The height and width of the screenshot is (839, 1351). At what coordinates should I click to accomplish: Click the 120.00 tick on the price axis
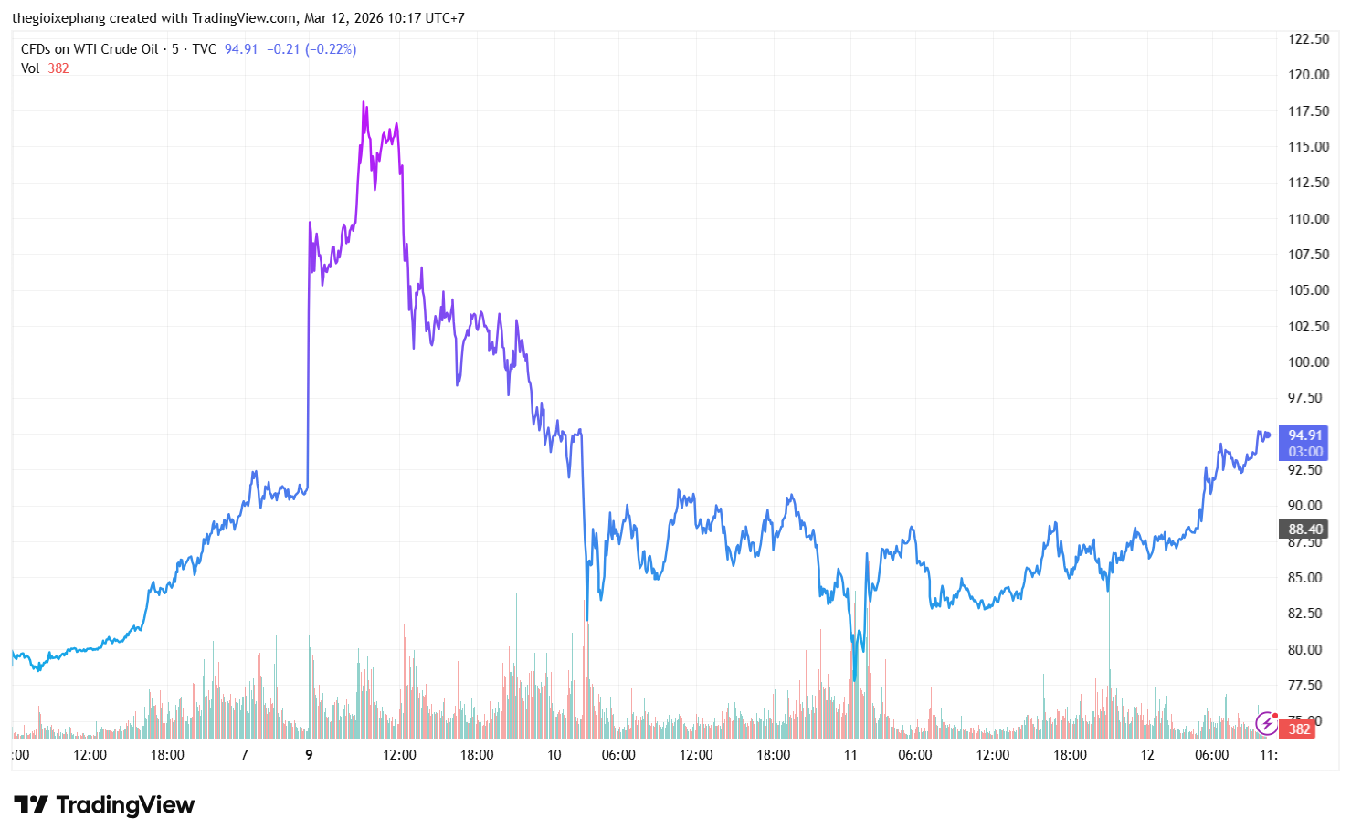coord(1308,75)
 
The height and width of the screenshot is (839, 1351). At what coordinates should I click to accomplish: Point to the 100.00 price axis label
coord(1308,362)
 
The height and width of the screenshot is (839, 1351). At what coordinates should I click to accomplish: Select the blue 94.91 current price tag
coord(1304,435)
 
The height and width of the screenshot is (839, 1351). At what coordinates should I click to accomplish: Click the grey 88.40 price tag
coord(1304,530)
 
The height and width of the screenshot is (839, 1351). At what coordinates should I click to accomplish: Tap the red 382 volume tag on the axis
coord(1299,729)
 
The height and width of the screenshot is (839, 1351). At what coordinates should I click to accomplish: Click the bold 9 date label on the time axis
coord(309,755)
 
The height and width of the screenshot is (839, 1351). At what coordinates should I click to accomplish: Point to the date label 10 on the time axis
coord(554,755)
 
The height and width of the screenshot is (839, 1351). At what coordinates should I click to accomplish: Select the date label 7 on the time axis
coord(244,755)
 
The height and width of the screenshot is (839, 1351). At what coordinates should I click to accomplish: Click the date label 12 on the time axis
coord(1147,755)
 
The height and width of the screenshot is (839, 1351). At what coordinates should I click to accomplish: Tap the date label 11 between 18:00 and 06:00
coord(850,755)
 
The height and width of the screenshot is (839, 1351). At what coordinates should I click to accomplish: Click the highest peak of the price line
coord(364,103)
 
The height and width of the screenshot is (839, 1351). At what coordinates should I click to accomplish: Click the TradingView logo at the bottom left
coord(104,804)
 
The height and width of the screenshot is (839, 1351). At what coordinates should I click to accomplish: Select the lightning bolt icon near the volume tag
coord(1266,725)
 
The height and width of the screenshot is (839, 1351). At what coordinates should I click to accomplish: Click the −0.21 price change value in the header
coord(283,49)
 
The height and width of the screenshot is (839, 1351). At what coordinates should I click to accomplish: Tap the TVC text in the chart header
coord(204,49)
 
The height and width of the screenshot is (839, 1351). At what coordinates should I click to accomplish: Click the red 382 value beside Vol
coord(58,68)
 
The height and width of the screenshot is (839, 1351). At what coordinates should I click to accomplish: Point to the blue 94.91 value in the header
coord(241,49)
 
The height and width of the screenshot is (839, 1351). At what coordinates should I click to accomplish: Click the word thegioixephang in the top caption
coord(58,18)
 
